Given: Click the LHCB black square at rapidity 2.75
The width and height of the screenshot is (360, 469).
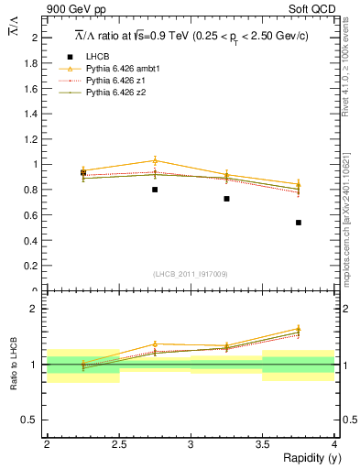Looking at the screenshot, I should pos(155,190).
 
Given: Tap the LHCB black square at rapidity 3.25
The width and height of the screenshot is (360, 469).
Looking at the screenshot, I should pos(226,199).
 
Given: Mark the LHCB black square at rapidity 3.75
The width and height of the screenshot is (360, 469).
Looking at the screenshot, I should pos(299,223).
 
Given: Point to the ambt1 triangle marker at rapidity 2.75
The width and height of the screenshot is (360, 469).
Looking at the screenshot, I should pos(155,161).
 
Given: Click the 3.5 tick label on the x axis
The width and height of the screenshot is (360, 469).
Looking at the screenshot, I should pos(262,444).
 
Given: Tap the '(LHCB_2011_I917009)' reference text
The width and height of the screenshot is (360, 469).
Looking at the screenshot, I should pos(191,274).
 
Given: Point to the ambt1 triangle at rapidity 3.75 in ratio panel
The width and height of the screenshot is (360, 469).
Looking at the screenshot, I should pos(299,328).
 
